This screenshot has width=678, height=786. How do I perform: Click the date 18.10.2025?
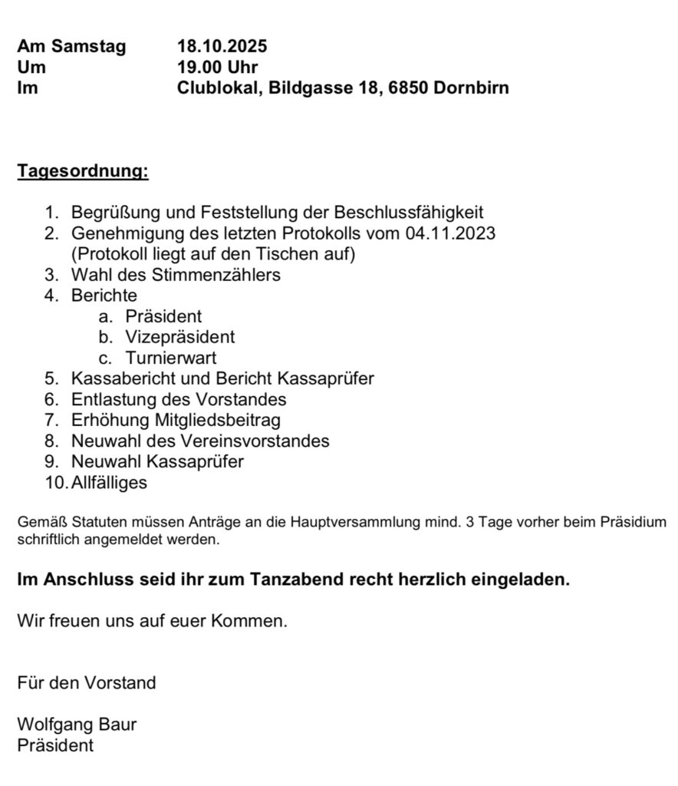pyautogui.click(x=222, y=47)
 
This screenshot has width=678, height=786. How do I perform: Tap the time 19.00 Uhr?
pyautogui.click(x=218, y=68)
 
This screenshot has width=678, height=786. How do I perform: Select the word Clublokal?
pyautogui.click(x=218, y=88)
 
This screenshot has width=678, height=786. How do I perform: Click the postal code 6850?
pyautogui.click(x=409, y=88)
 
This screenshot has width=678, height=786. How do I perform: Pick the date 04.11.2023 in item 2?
pyautogui.click(x=450, y=233)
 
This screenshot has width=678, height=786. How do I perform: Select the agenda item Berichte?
pyautogui.click(x=104, y=296)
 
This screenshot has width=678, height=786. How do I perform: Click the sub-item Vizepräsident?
pyautogui.click(x=181, y=337)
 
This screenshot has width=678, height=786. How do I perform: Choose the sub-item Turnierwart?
pyautogui.click(x=173, y=358)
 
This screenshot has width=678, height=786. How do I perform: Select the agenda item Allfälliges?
pyautogui.click(x=109, y=483)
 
